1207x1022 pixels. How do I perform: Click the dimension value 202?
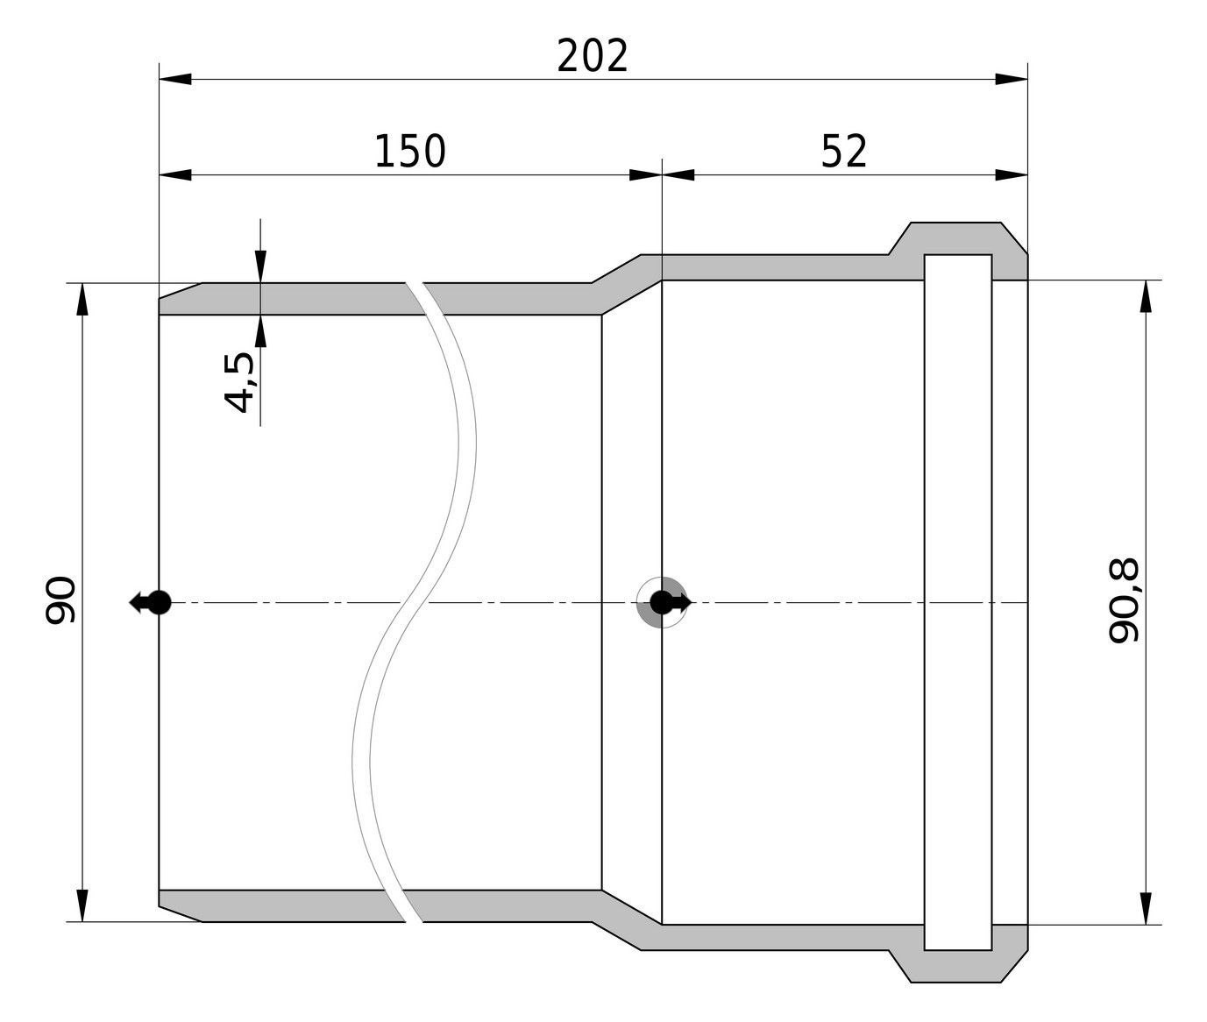click(x=593, y=56)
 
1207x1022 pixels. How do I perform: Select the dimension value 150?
click(x=410, y=152)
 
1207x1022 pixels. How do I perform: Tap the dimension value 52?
click(x=844, y=152)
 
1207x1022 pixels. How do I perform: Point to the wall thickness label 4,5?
click(x=239, y=382)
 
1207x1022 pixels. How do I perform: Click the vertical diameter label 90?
click(x=61, y=601)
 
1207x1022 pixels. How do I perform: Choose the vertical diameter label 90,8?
click(x=1124, y=601)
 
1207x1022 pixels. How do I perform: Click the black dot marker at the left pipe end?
click(x=159, y=602)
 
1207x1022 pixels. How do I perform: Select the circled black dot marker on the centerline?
click(x=662, y=602)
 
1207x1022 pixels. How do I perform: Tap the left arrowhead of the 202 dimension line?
click(x=175, y=79)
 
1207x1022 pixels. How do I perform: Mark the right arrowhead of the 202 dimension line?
click(x=1012, y=79)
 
